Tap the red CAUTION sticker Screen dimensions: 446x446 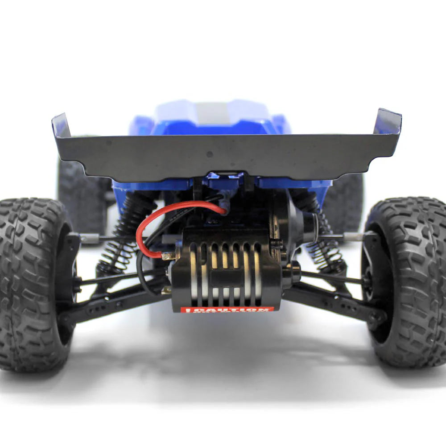click(227, 309)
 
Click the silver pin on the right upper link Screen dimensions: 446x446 click(352, 236)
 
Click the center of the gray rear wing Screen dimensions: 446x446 click(223, 154)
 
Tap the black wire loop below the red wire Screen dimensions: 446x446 click(142, 277)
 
